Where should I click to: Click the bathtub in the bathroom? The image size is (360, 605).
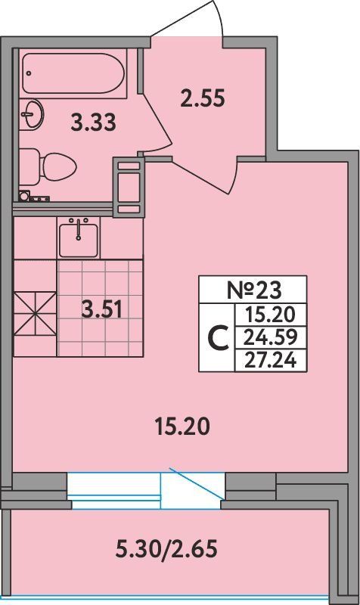click(73, 73)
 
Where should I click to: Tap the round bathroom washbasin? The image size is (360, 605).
click(31, 113)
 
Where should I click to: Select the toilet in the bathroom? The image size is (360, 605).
click(48, 166)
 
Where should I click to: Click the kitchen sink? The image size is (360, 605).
click(79, 238)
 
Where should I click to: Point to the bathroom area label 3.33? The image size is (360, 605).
click(94, 123)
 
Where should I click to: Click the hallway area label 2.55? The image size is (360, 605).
click(203, 98)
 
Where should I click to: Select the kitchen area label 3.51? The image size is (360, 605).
click(101, 309)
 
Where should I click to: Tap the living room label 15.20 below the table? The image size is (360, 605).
click(182, 427)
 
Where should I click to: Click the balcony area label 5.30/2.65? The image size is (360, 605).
click(166, 548)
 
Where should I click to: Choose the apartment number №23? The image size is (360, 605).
click(253, 290)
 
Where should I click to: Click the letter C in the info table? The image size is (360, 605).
click(217, 337)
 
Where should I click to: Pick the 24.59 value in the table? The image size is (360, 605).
click(271, 337)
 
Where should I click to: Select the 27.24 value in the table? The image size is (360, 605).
click(271, 361)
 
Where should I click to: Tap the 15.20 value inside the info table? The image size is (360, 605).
click(271, 315)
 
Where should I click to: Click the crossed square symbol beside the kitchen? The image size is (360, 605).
click(35, 314)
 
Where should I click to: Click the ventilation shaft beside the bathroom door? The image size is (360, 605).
click(129, 187)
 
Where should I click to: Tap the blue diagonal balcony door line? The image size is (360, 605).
click(196, 484)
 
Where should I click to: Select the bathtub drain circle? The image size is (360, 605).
click(29, 73)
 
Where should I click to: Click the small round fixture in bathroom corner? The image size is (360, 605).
click(24, 196)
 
